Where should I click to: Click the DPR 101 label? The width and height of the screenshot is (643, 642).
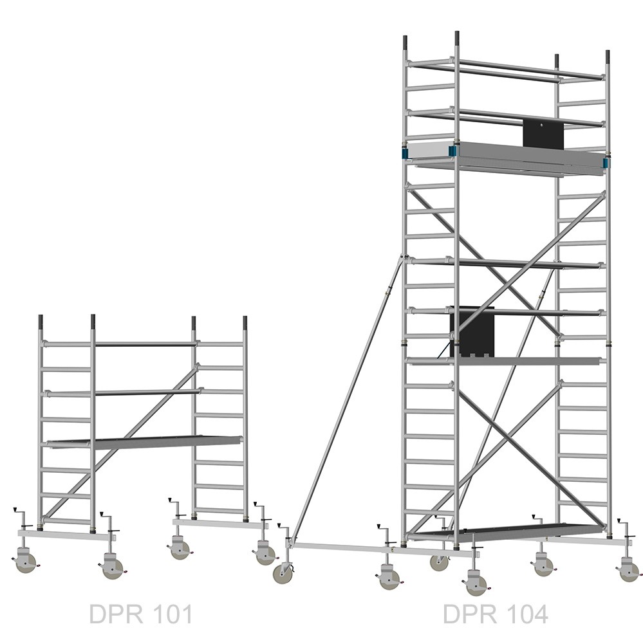(x=141, y=614)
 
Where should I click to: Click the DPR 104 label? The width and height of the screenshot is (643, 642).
(x=496, y=614)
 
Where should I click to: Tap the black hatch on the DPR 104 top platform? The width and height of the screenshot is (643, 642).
(x=543, y=134)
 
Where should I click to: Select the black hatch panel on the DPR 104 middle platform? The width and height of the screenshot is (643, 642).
(x=472, y=331)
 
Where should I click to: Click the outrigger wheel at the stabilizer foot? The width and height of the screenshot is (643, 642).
(x=283, y=573)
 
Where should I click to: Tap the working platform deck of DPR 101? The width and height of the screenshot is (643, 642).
(x=145, y=442)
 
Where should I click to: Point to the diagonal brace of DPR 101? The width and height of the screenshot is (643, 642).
(x=121, y=443)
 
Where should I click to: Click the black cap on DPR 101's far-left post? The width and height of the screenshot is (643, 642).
(x=41, y=322)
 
